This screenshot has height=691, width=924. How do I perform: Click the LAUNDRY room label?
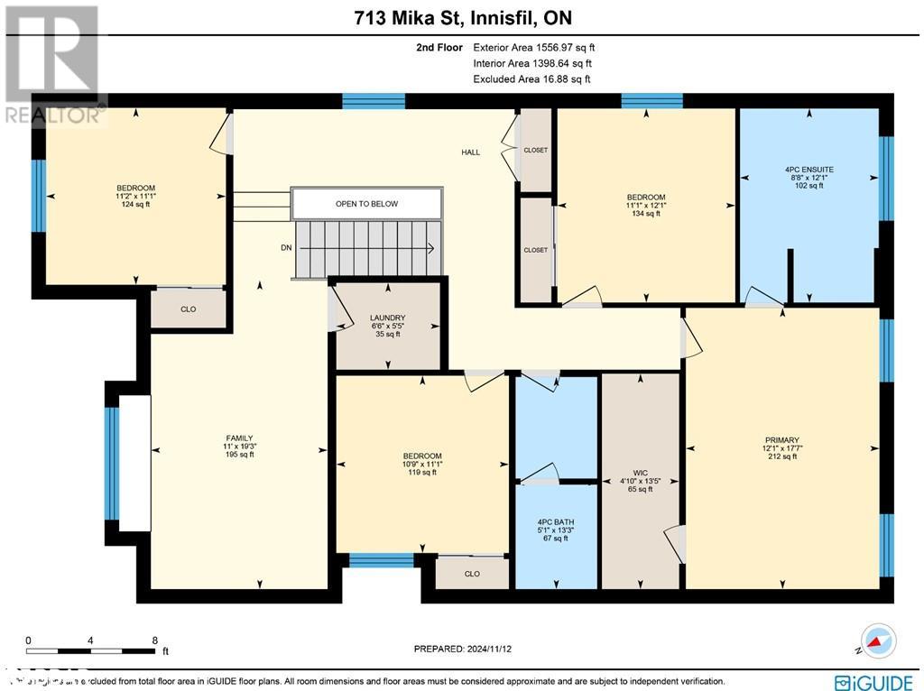387,318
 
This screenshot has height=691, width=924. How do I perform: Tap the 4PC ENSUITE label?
809,169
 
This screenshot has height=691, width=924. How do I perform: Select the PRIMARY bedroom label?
782,440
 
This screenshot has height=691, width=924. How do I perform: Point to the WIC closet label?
640,472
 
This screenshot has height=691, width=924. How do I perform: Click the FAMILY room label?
239,438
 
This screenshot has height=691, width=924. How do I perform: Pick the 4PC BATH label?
556,521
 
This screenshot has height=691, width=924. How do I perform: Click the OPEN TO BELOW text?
366,204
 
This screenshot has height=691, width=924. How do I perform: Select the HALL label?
470,152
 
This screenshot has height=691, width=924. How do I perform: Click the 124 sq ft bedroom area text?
135,205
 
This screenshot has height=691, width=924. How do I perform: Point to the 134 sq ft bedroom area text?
646,214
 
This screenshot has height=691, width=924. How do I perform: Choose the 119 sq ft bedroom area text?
422,472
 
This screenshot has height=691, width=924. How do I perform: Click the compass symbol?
877,640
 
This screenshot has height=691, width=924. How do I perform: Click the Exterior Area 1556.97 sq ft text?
534,47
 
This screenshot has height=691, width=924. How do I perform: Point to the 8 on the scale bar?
155,640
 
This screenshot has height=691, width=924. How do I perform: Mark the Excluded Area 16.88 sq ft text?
531,79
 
